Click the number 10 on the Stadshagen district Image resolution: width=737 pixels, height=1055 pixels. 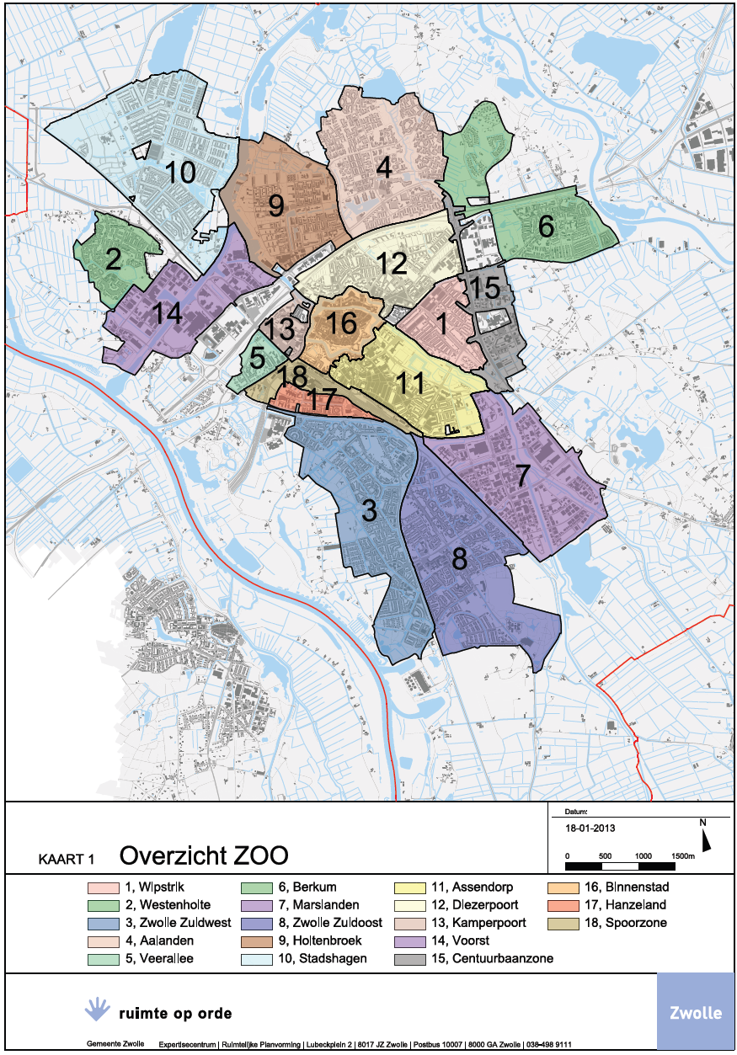(x=180, y=173)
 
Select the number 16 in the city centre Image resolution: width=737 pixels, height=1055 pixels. (x=341, y=322)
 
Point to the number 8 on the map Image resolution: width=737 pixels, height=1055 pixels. (x=459, y=558)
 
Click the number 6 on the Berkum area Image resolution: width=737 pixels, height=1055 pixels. (x=546, y=226)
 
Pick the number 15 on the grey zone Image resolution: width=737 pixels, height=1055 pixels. (x=484, y=287)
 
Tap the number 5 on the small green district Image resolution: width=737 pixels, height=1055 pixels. (x=257, y=357)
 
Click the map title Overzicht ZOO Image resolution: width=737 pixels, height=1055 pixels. (x=204, y=855)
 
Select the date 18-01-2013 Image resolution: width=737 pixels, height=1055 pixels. (x=590, y=828)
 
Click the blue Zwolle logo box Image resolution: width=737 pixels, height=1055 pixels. (x=695, y=1011)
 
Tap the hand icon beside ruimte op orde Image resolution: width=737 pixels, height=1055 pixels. (x=99, y=1007)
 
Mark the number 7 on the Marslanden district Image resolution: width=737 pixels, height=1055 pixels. (x=523, y=476)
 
